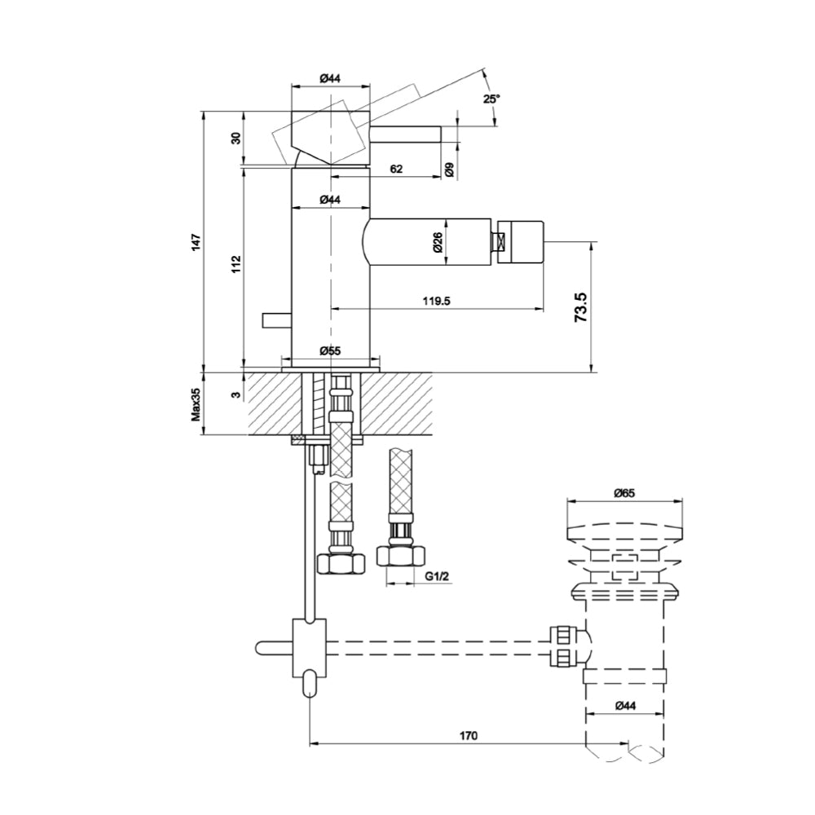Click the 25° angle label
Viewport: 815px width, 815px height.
491,99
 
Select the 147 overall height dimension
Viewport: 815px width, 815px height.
196,242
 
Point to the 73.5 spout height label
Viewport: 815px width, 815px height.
580,307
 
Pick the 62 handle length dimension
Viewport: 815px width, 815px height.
396,169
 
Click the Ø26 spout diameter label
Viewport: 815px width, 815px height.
437,242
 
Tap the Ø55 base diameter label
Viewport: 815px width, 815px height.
330,350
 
